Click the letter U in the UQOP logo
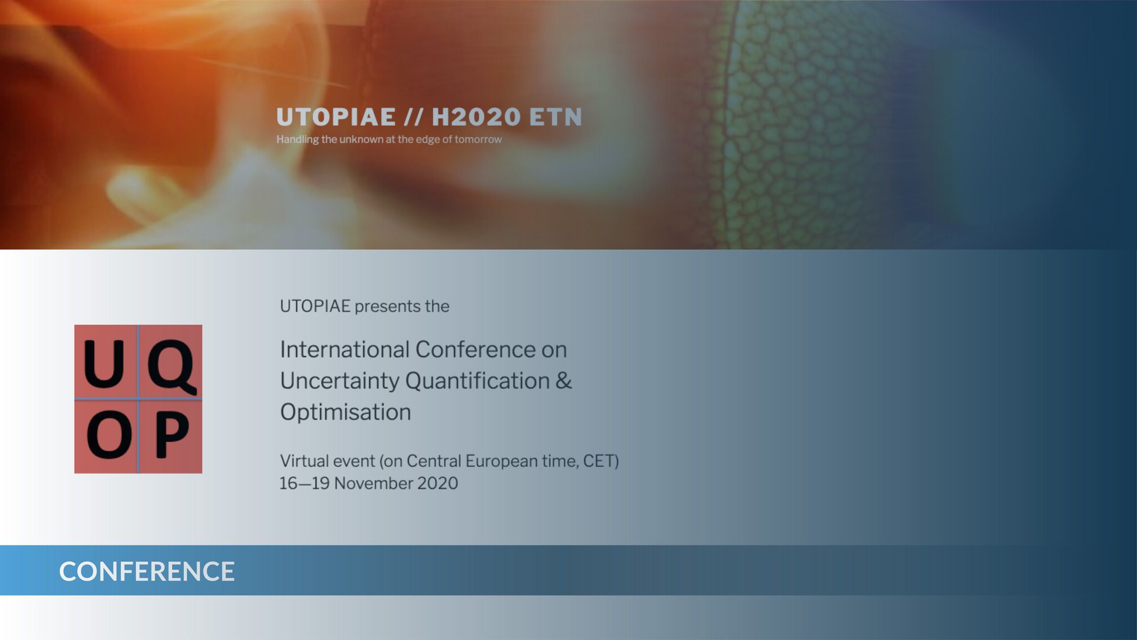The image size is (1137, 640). point(104,364)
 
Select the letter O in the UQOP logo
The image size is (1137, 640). point(109,436)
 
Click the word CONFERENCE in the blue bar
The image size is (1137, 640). point(147,571)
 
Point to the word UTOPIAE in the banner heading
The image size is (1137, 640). point(336,117)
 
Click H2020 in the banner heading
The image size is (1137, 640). point(477,117)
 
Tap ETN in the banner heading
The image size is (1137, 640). point(556,117)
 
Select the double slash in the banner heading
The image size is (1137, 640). point(414,117)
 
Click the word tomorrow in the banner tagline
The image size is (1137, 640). point(478,139)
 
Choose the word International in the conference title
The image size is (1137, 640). point(344,349)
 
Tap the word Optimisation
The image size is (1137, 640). point(346,412)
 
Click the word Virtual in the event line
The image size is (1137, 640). point(304,461)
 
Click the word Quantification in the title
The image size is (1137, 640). point(478,381)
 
